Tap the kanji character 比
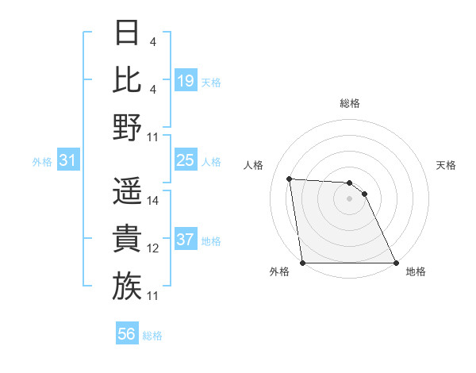(127, 79)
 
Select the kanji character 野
(127, 127)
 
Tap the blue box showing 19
(186, 80)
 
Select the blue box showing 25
(186, 161)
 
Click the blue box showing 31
(68, 161)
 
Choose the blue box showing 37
(186, 240)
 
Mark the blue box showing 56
(127, 334)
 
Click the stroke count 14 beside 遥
(153, 201)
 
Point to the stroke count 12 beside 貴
(153, 248)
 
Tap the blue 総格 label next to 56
(152, 336)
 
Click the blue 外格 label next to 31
(42, 162)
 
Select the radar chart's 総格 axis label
(350, 103)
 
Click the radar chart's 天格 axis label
(446, 165)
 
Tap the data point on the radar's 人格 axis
(290, 179)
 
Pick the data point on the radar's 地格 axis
(396, 263)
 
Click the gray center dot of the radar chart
(350, 198)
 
